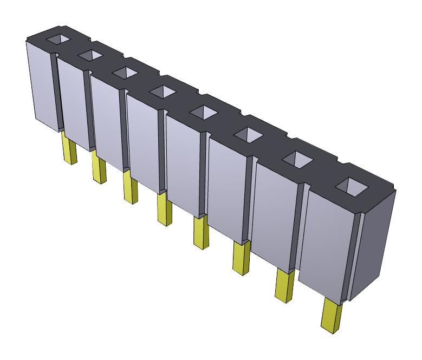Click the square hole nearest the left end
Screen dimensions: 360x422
click(x=58, y=40)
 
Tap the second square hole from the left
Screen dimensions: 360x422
click(x=90, y=55)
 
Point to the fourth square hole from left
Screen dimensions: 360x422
click(x=161, y=91)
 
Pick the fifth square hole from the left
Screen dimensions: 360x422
click(x=202, y=112)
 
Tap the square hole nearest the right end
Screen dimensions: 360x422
click(x=350, y=186)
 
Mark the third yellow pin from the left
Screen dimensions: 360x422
click(x=130, y=188)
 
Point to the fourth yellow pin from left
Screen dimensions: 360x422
click(x=164, y=210)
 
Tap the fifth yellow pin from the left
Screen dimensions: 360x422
click(x=200, y=233)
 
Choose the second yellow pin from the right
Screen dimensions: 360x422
click(x=284, y=286)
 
